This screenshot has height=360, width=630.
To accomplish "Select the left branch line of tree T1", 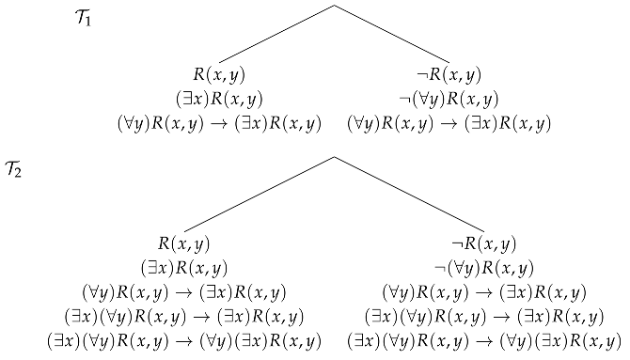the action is [276, 34].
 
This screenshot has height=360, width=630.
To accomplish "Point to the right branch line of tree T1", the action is [391, 34].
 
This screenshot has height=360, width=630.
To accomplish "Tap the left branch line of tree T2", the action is [259, 194].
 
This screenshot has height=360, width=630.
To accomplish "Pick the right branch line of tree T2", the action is [409, 194].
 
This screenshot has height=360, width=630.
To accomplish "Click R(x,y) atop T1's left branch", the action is [219, 74].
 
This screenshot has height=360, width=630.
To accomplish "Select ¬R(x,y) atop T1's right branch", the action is [449, 74].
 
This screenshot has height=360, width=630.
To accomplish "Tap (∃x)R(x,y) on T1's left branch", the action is [219, 99].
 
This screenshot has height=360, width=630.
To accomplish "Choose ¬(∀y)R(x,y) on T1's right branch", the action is [449, 99].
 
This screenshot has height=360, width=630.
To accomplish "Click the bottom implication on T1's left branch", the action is [219, 123].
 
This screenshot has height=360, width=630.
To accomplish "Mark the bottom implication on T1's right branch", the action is [449, 123].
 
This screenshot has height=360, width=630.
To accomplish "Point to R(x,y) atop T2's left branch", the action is [183, 244].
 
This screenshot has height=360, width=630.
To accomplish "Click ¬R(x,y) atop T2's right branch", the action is [484, 244].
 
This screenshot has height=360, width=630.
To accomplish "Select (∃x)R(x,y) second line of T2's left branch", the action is [183, 268].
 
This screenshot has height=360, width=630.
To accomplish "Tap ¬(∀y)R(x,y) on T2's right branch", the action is [484, 268].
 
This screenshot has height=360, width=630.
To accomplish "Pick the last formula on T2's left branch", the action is [183, 340].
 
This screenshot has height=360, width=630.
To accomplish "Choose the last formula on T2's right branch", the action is [484, 340].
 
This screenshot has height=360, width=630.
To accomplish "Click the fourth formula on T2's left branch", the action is [183, 316].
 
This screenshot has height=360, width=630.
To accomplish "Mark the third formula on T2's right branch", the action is [484, 292].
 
